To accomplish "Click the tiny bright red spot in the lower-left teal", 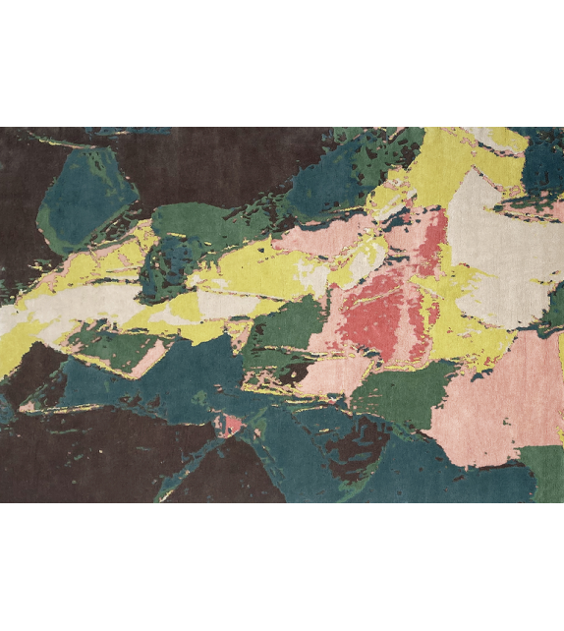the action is pos(229,425).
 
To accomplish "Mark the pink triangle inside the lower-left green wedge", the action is pos(147,359).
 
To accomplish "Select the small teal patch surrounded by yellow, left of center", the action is pos(162,260).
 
